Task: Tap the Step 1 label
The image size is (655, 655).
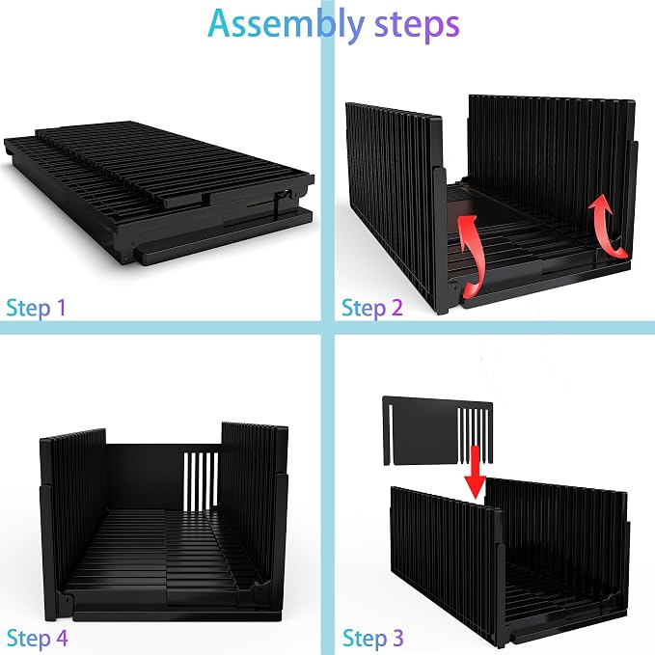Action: pos(37,309)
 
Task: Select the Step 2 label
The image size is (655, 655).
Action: pos(371,309)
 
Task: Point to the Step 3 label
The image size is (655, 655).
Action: pos(372,638)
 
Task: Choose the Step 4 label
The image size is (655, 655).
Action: pos(37,638)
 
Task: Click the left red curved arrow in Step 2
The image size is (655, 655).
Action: pos(471,255)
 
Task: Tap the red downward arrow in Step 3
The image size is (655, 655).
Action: pos(476,472)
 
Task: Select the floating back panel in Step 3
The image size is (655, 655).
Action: pos(437,430)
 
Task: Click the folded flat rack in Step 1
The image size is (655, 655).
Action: pos(159,193)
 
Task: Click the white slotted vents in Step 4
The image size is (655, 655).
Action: pos(201,479)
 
